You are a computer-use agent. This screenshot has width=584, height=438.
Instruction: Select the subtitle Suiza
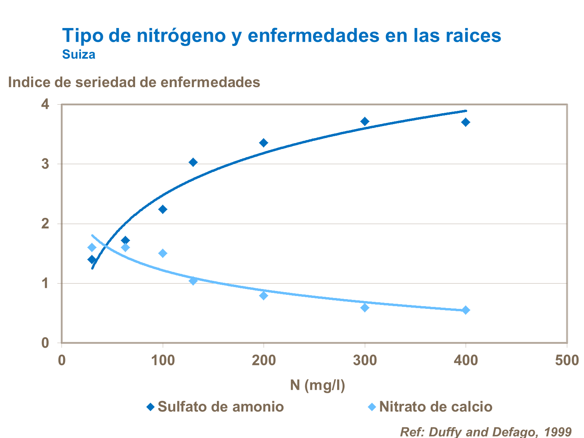click(x=79, y=54)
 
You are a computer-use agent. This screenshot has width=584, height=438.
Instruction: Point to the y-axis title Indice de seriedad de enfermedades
click(x=134, y=82)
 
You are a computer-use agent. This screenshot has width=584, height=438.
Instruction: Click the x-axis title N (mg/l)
click(x=317, y=385)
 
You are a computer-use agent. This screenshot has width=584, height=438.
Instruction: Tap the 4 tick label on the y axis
click(x=46, y=104)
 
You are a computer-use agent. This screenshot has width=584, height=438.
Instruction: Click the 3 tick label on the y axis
click(x=46, y=164)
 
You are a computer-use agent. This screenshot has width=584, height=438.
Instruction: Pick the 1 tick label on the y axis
click(x=46, y=283)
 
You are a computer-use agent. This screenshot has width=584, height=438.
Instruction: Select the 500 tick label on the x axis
click(x=566, y=361)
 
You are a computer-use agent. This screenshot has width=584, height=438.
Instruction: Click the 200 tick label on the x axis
click(x=264, y=361)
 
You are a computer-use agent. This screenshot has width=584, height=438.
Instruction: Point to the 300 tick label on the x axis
click(x=365, y=361)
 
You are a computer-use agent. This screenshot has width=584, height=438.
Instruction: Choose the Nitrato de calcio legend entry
click(x=430, y=407)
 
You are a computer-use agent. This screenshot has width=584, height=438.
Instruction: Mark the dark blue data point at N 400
click(x=466, y=122)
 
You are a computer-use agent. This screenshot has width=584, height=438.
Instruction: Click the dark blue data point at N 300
click(x=365, y=121)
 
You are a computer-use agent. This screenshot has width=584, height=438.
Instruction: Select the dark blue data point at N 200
click(x=264, y=143)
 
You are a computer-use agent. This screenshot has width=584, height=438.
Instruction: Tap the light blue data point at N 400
click(x=466, y=310)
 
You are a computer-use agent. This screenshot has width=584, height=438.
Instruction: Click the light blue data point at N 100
click(x=163, y=253)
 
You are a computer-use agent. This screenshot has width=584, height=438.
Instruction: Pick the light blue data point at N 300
click(x=365, y=308)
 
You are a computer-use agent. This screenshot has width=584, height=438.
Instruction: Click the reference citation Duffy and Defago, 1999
click(x=485, y=432)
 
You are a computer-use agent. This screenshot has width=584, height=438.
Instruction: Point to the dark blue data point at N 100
click(x=163, y=209)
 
